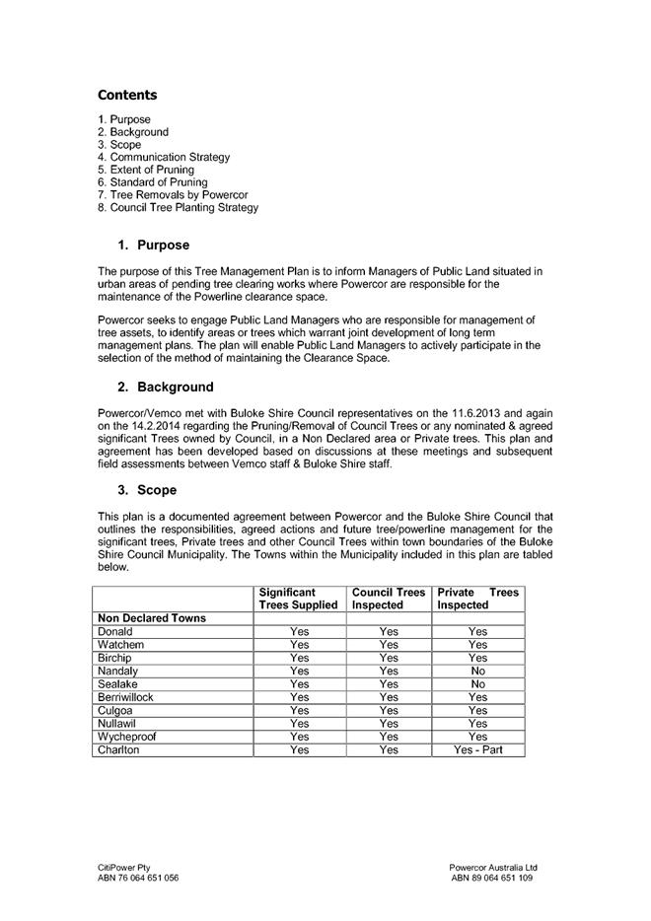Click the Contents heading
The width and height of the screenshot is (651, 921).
pos(127,96)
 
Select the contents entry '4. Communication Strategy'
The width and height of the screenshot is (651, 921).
pos(164,157)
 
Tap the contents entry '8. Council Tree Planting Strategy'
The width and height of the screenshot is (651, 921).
pos(178,208)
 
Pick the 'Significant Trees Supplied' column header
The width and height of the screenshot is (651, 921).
pos(298,599)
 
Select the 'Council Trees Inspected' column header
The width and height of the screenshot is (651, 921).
pos(389,599)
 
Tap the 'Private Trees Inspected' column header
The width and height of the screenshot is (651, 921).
pos(477,599)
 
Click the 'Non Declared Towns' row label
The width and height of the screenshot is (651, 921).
pos(152,618)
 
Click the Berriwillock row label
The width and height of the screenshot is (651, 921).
pos(126,697)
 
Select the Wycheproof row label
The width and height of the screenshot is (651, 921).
pos(127,737)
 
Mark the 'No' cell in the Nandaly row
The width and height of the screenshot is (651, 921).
pos(477,671)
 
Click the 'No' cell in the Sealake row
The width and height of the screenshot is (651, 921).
pos(477,684)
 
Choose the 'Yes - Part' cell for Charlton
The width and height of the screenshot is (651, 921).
pos(477,750)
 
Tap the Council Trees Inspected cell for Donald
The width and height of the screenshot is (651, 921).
pos(389,632)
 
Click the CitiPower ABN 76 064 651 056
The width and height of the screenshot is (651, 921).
pos(137,877)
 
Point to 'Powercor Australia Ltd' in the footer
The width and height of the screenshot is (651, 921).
pos(492,867)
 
